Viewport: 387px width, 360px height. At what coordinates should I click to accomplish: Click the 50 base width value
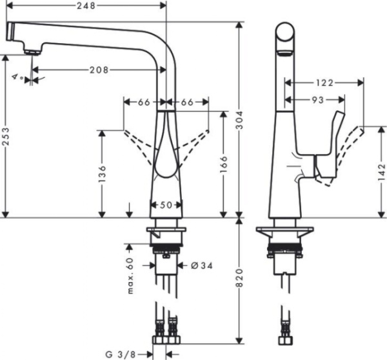click(166, 205)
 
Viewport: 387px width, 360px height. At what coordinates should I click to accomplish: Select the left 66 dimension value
click(144, 102)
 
